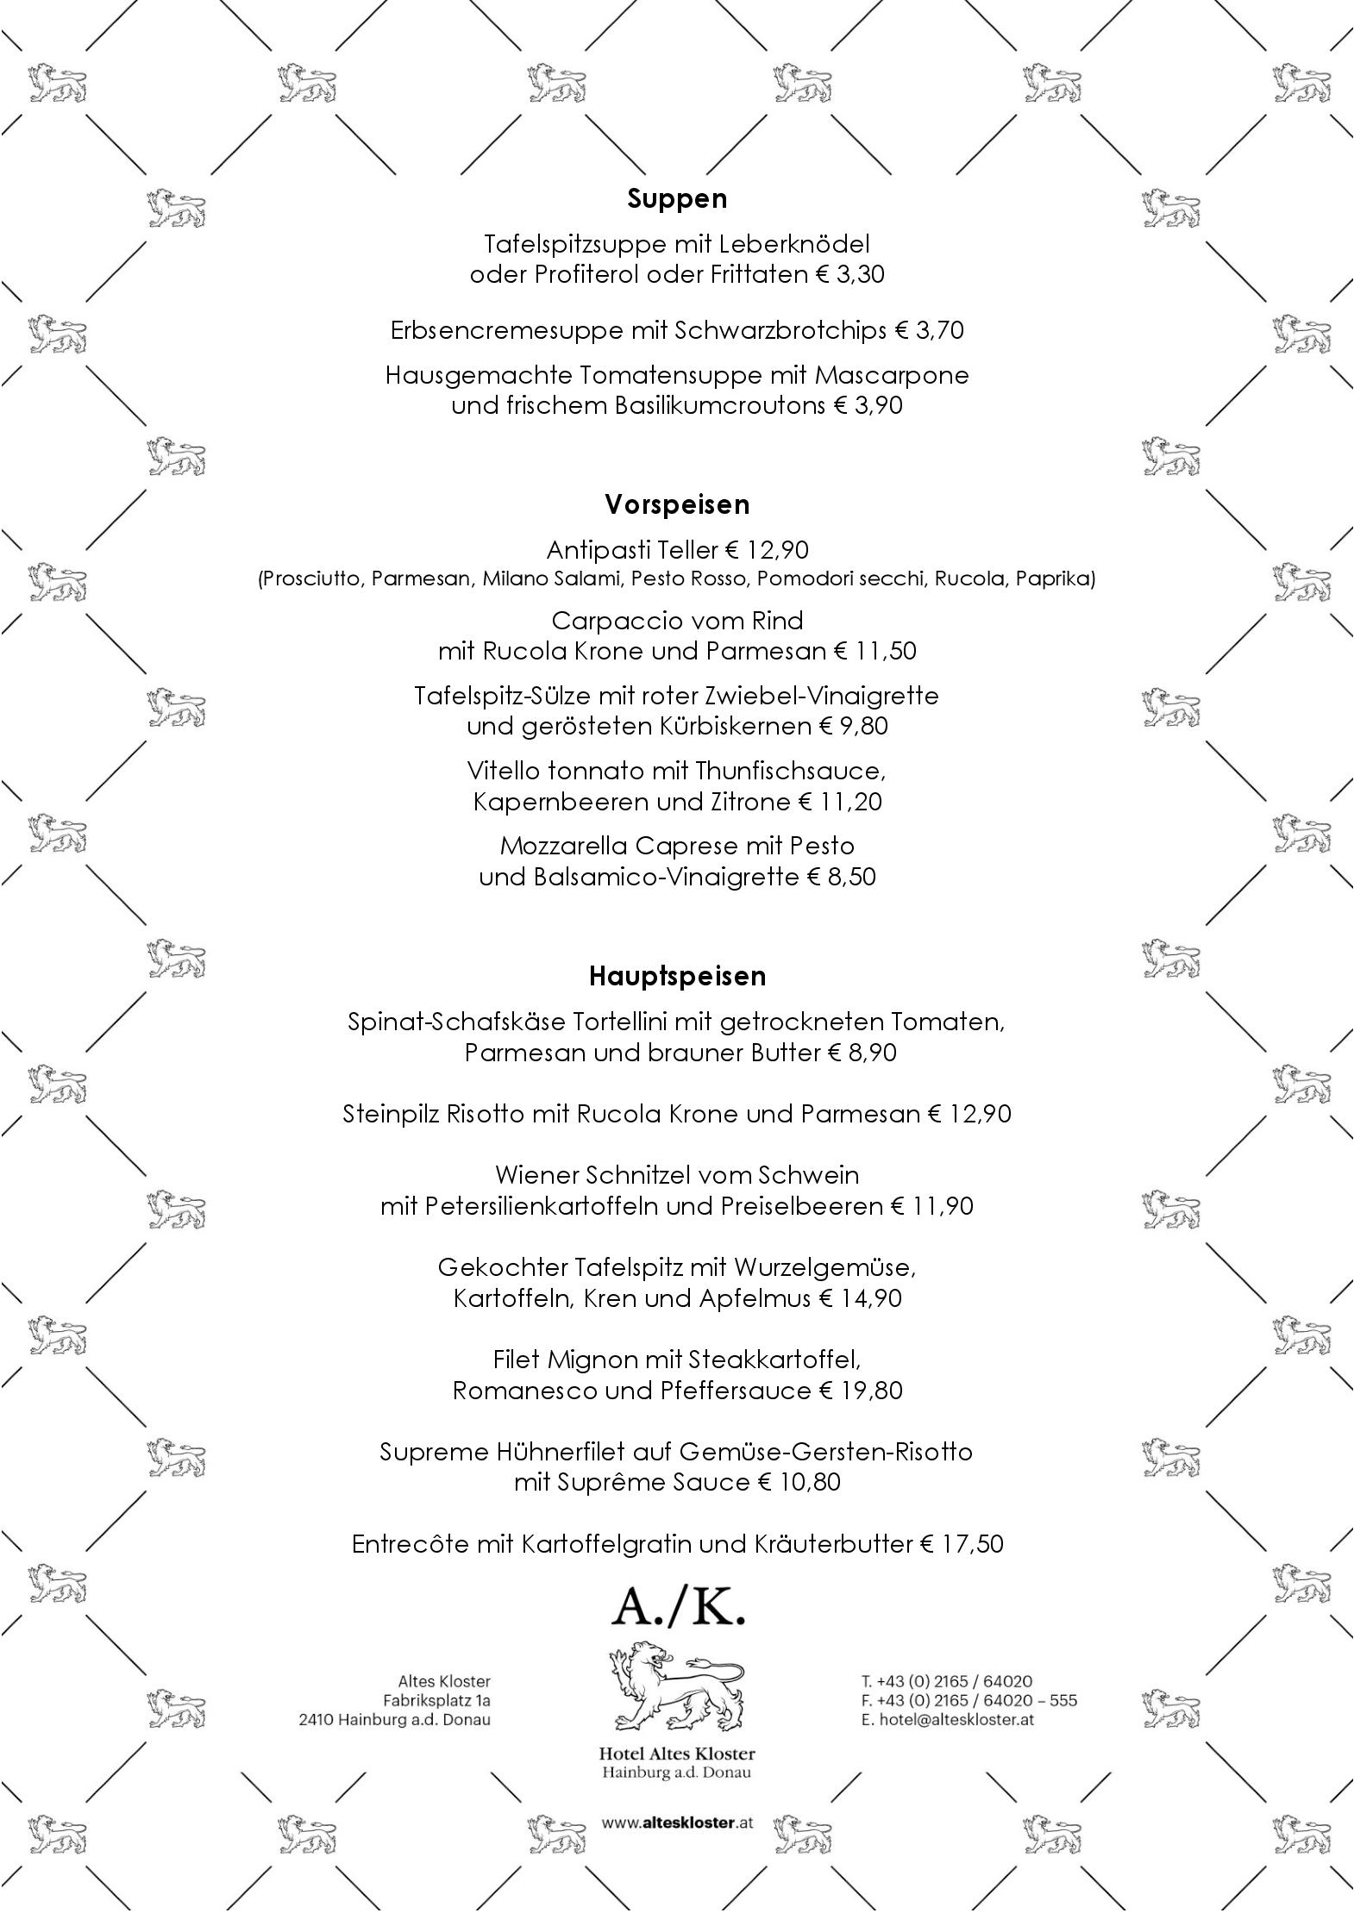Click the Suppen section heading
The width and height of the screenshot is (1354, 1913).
(677, 199)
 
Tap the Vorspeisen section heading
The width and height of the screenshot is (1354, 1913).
(677, 504)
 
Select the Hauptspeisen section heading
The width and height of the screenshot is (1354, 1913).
(677, 976)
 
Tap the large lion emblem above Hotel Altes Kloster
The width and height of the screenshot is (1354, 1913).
(677, 1687)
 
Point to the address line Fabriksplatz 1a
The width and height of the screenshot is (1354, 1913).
(436, 1700)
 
